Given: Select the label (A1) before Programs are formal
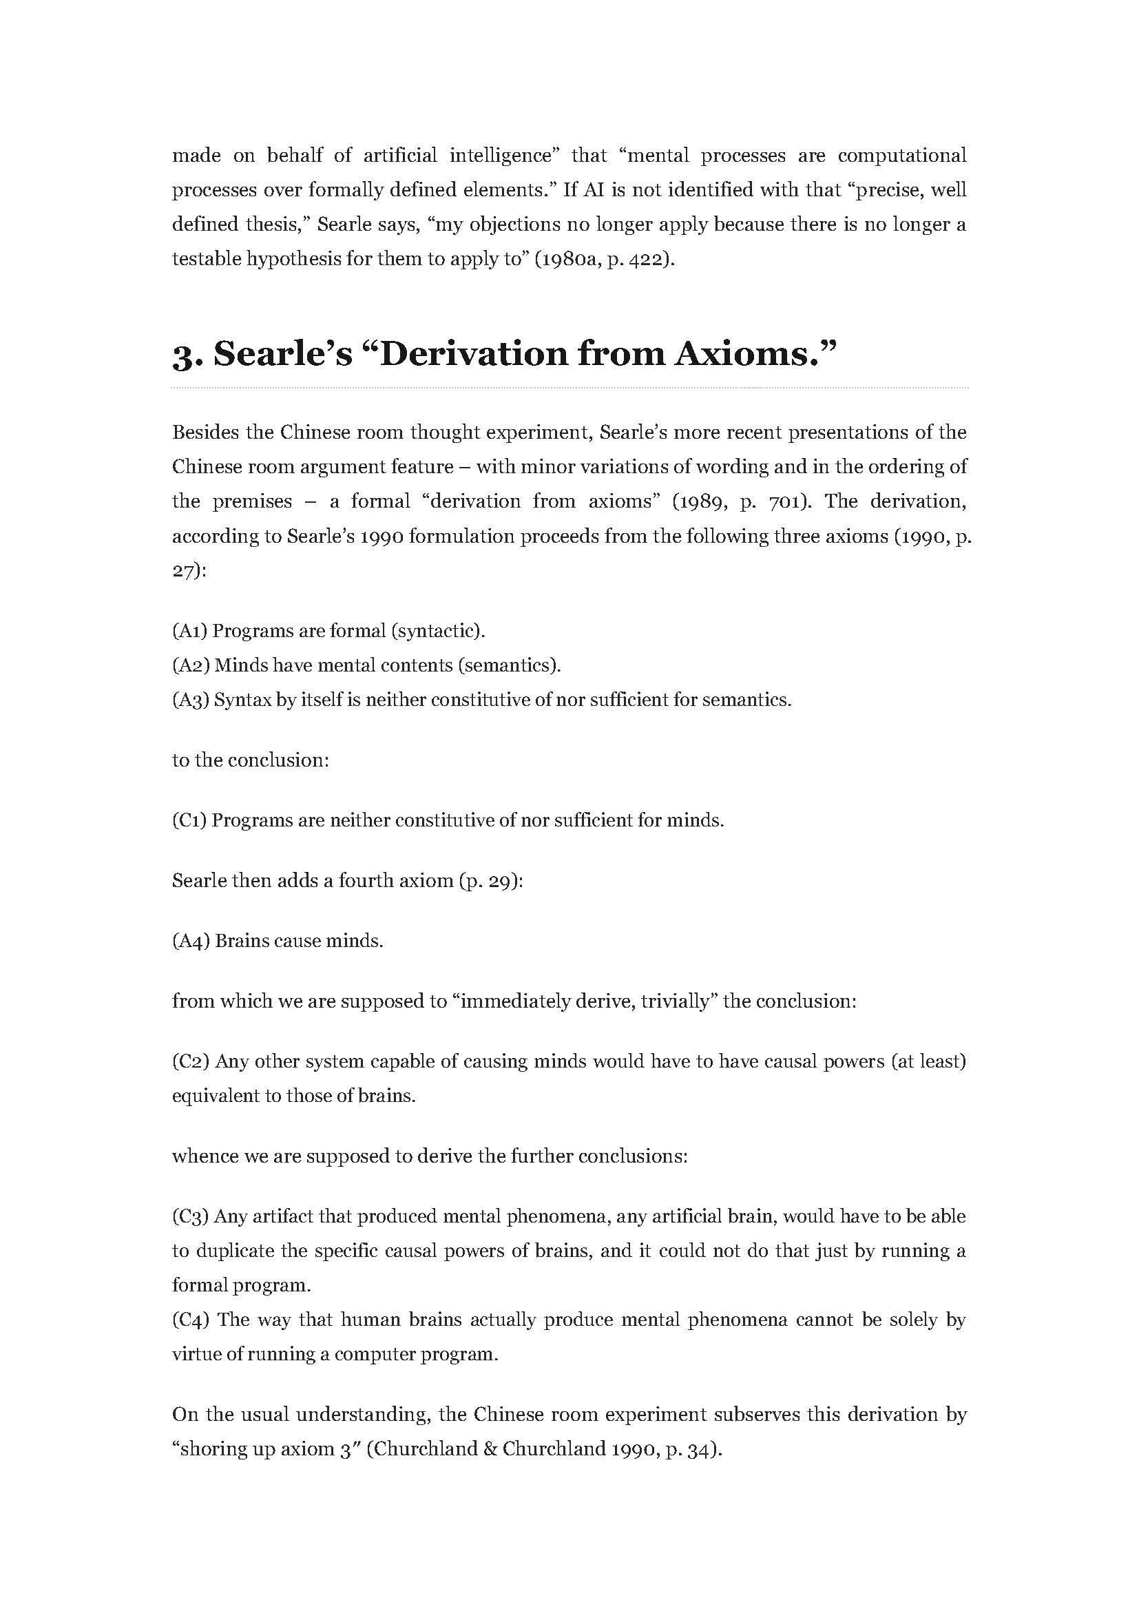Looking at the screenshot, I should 189,631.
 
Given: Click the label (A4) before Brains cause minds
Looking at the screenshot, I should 191,941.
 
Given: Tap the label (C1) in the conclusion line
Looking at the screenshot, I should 189,820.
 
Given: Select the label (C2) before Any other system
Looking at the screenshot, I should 191,1061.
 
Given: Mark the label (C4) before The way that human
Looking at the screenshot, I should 191,1320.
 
